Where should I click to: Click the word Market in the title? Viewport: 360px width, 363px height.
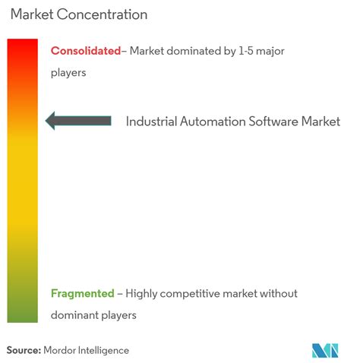32,14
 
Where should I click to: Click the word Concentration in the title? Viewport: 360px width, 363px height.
102,14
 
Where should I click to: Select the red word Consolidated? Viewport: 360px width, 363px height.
86,51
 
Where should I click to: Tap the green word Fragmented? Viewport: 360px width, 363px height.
83,294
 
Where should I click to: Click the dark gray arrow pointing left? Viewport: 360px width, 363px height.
78,121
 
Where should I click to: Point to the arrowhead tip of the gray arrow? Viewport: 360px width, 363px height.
46,121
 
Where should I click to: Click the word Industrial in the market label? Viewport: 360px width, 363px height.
151,122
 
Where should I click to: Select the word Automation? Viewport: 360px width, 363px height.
213,122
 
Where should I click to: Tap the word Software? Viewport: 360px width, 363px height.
273,122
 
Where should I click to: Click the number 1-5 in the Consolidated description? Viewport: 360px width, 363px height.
246,51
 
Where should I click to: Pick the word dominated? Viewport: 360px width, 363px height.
194,51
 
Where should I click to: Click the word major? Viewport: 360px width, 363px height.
270,52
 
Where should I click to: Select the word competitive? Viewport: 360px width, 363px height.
190,294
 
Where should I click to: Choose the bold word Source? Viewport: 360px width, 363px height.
24,350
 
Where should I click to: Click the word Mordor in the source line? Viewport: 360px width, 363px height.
59,350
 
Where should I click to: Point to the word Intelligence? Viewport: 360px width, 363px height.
103,351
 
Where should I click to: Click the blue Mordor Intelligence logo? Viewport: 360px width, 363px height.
325,351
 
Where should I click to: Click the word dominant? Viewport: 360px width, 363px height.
74,315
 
